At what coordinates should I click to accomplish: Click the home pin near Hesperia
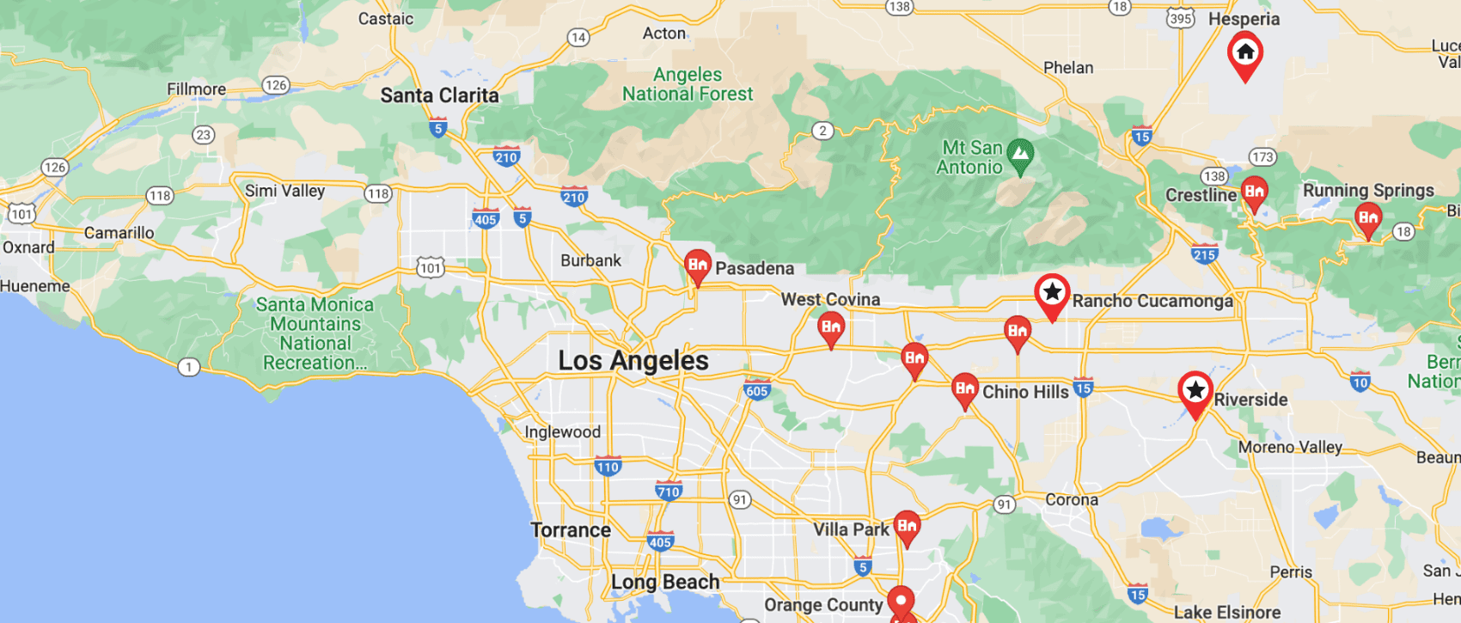pos(1244,53)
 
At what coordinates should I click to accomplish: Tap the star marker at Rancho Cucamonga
pos(1052,294)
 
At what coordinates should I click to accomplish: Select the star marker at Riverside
pos(1195,391)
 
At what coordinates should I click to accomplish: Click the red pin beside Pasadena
pos(697,266)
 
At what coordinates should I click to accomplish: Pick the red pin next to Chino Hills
pos(964,388)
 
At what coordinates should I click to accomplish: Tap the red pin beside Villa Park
pos(907,525)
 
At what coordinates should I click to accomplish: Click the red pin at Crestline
pos(1254,192)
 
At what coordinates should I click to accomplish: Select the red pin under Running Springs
pos(1367,218)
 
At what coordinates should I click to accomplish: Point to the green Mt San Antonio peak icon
pos(1020,156)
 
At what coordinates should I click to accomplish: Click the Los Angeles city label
pos(633,361)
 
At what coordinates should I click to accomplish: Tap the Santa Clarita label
pos(439,95)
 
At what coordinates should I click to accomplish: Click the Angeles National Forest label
pos(688,84)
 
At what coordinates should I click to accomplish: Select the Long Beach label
pos(665,582)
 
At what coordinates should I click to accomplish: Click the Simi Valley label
pos(284,191)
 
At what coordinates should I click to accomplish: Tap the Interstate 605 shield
pos(756,389)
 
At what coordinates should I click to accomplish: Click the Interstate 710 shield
pos(668,491)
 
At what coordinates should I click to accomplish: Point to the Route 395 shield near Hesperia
pos(1180,18)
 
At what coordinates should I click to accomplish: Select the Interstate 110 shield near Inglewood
pos(608,467)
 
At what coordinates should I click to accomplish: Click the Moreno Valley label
pos(1290,447)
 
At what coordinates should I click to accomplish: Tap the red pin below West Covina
pos(830,327)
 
